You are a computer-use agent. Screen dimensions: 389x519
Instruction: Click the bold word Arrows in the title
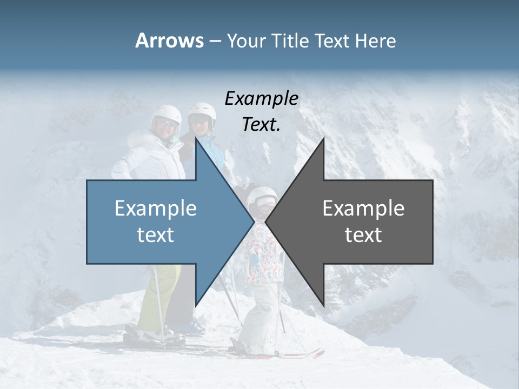point(169,41)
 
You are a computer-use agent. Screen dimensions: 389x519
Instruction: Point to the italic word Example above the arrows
point(262,98)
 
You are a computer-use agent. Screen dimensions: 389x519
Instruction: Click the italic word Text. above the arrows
point(262,124)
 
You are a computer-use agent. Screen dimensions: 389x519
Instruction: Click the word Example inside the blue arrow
point(156,209)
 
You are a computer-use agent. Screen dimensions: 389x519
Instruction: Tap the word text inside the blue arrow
point(156,235)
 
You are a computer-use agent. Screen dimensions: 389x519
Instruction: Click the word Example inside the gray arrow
point(363,209)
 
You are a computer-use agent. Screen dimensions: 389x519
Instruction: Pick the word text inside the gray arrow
point(363,235)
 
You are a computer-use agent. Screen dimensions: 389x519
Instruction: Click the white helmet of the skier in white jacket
point(166,115)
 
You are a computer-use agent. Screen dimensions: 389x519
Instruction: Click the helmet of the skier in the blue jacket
point(202,111)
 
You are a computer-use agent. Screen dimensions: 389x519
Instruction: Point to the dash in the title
point(215,41)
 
